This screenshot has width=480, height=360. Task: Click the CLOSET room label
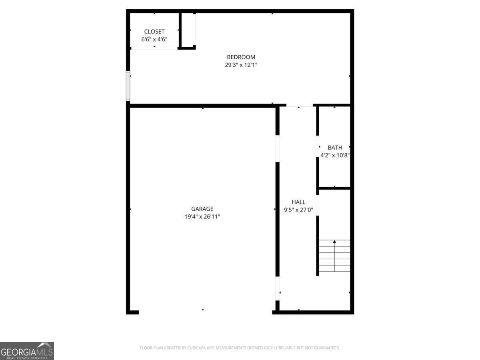point(154,32)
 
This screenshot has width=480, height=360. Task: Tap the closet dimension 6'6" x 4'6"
point(154,40)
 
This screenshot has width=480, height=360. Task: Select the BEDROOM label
point(241,57)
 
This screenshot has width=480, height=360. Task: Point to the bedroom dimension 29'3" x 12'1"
point(241,65)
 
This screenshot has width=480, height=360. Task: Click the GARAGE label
point(202,209)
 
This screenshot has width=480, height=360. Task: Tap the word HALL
point(298,202)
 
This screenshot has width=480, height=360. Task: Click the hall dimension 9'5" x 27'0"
point(298,210)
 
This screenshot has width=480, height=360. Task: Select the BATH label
point(335,148)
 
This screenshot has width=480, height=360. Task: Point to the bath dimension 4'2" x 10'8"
point(335,155)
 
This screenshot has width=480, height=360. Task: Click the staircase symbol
point(334,256)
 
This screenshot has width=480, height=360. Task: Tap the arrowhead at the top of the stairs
point(334,242)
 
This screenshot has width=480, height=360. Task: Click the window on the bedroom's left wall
point(128,86)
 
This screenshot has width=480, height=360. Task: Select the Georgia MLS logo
point(27,351)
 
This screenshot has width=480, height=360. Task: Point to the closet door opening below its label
point(154,48)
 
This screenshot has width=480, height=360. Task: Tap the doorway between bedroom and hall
point(299,106)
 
